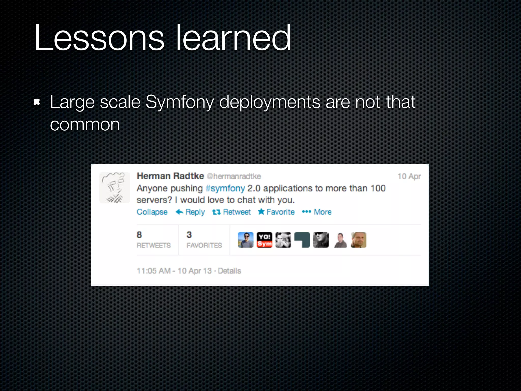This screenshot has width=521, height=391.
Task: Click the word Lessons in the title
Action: [x=99, y=38]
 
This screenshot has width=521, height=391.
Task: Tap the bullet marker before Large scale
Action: [x=37, y=102]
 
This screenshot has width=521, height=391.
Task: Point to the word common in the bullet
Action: [x=85, y=125]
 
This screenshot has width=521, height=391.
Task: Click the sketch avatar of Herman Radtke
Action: [x=114, y=188]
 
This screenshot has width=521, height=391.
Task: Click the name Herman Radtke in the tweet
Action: [x=170, y=176]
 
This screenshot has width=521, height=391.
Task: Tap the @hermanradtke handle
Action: [x=234, y=176]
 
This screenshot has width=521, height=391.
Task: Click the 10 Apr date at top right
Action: [x=409, y=176]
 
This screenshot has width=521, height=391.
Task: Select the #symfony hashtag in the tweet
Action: [x=225, y=188]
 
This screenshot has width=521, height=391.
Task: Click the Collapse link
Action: [x=152, y=212]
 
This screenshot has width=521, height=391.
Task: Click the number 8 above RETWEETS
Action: [x=139, y=235]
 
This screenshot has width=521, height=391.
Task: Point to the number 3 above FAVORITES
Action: [x=189, y=235]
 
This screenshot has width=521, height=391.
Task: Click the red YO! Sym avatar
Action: [x=264, y=240]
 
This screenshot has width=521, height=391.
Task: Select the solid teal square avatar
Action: [x=302, y=240]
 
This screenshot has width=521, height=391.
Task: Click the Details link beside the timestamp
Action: [x=229, y=271]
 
